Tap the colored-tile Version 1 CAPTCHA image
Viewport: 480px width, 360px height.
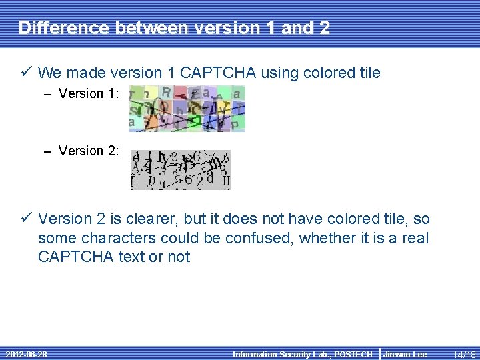pos(187,107)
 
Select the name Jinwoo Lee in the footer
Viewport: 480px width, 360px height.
pos(405,354)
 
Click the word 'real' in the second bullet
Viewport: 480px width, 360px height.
pos(414,238)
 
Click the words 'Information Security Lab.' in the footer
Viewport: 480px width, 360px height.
pos(279,354)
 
